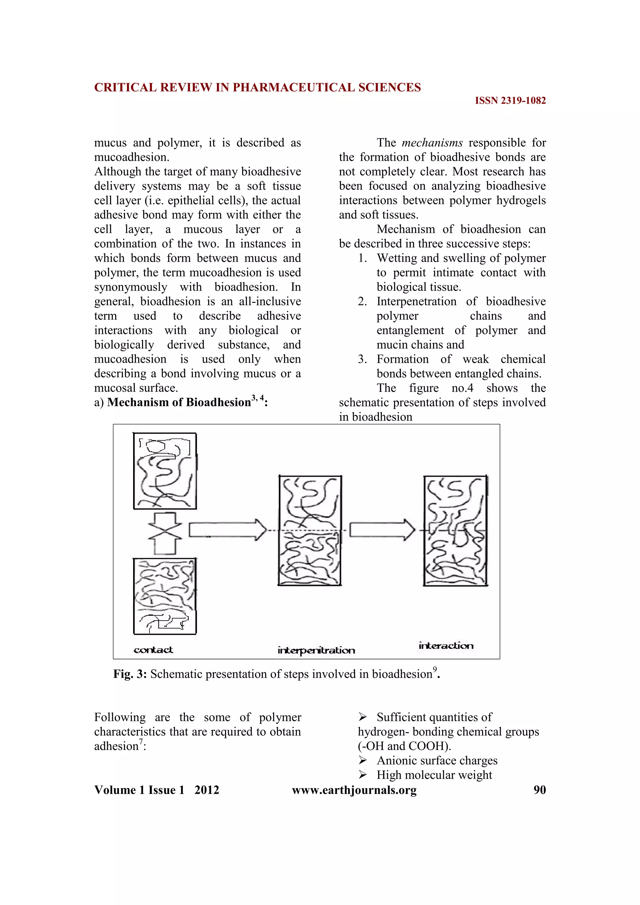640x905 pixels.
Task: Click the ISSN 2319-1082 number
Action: pos(510,101)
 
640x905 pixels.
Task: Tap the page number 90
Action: pos(539,790)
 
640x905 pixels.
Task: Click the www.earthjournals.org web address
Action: pos(354,790)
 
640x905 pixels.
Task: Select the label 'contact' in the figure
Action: pos(153,650)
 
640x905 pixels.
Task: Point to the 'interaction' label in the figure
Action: pos(446,646)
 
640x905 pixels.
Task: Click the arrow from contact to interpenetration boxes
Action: pos(227,530)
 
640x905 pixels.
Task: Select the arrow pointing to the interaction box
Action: pos(382,530)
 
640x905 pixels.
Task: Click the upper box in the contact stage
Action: pos(165,471)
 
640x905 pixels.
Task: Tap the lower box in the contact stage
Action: pos(165,596)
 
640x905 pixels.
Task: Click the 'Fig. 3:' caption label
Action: pos(130,674)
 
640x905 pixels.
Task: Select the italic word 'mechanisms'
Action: pos(432,143)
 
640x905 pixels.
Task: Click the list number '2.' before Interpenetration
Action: pos(362,302)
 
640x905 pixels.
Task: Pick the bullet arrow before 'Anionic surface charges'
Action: pos(363,760)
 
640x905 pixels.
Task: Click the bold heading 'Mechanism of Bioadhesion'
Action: pos(179,402)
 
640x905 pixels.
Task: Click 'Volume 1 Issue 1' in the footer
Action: pos(139,790)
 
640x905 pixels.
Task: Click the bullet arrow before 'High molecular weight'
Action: pos(363,775)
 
